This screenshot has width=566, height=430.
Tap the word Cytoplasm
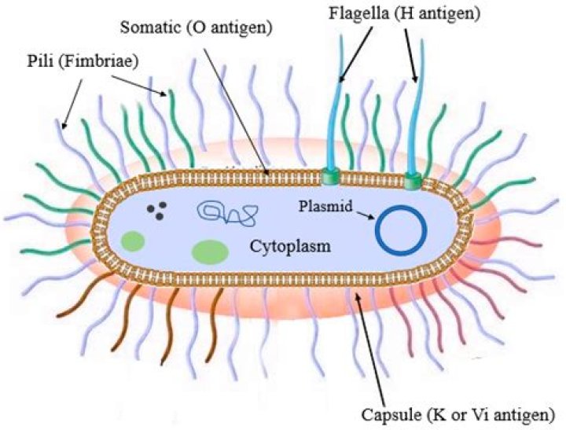(286, 247)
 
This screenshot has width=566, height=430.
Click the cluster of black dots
(157, 211)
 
